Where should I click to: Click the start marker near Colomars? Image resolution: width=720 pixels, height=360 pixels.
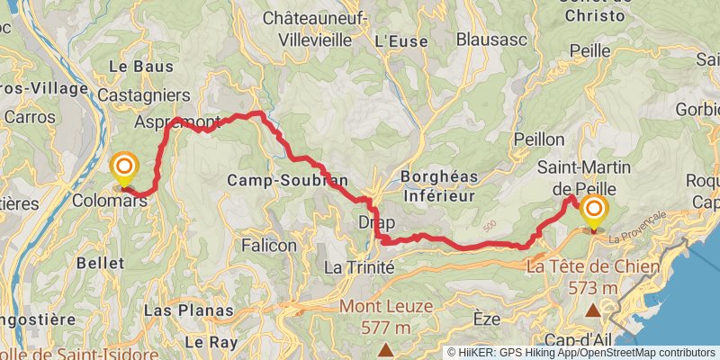click(x=124, y=168)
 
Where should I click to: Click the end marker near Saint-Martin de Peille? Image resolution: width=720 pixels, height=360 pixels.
click(x=594, y=212)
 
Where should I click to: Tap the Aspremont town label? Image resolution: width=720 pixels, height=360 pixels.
click(x=176, y=121)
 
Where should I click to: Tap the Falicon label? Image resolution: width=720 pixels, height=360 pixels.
click(x=269, y=244)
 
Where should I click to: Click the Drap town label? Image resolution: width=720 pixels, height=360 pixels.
click(x=376, y=221)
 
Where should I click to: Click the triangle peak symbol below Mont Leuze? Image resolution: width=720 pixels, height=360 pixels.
click(x=386, y=349)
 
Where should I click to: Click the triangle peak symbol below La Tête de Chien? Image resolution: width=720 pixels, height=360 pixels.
click(x=593, y=311)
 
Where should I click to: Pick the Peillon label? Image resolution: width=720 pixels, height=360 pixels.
click(x=538, y=139)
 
